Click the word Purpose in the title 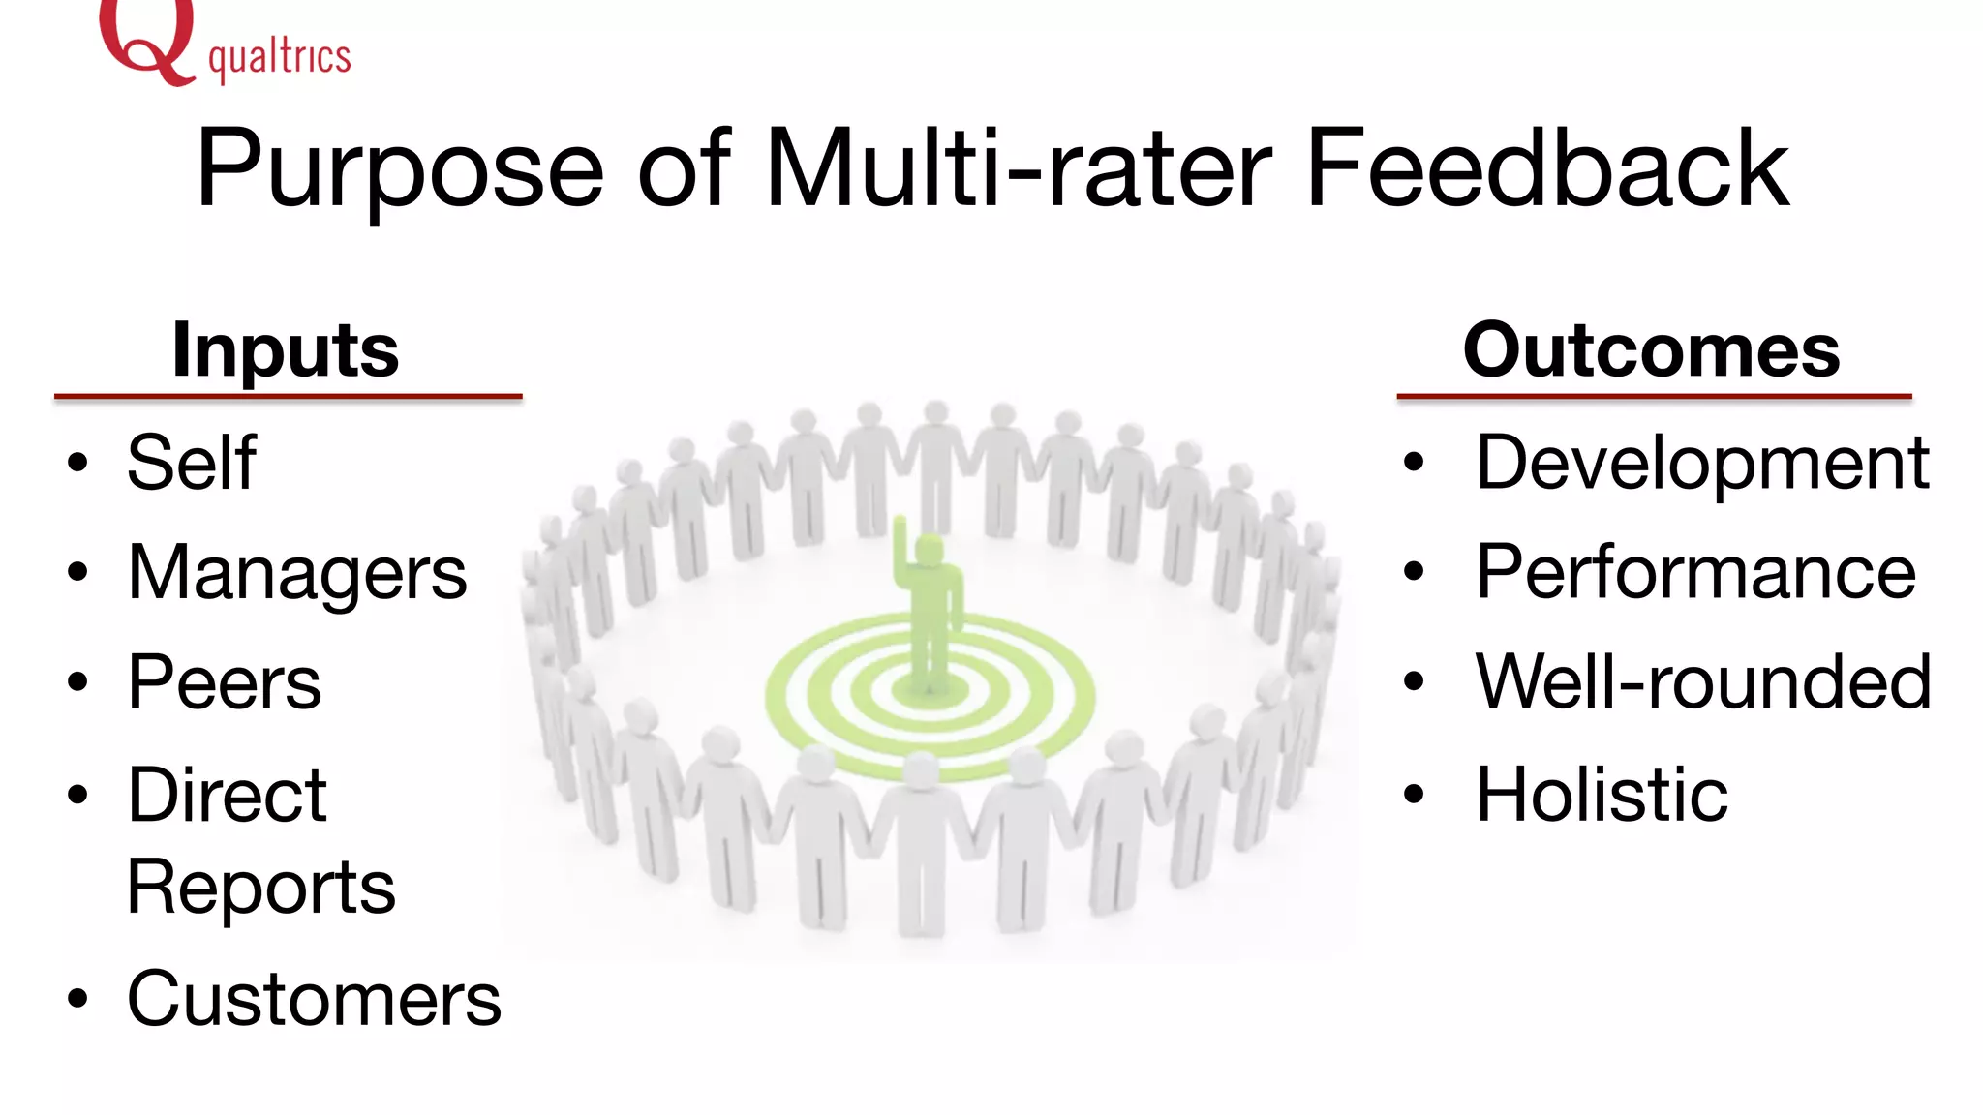[x=400, y=169]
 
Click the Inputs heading [x=286, y=350]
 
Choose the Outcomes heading [x=1651, y=350]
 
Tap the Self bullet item [x=192, y=463]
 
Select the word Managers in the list [x=297, y=573]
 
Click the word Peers [x=224, y=682]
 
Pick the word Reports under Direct [x=261, y=887]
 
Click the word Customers [x=314, y=999]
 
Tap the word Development [x=1702, y=463]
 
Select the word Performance [x=1695, y=573]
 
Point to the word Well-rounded [x=1703, y=682]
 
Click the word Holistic [x=1602, y=795]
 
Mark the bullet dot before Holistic [x=1414, y=795]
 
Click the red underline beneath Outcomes [x=1654, y=396]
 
